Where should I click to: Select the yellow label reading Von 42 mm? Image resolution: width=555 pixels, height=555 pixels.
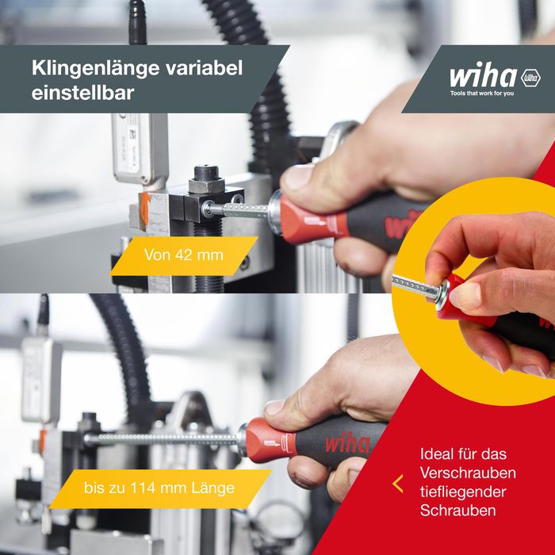[184, 256]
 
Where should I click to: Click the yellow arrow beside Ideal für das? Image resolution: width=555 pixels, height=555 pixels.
[398, 483]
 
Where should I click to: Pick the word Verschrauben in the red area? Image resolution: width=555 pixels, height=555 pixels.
[469, 473]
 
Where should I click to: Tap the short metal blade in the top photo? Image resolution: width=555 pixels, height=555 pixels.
[238, 210]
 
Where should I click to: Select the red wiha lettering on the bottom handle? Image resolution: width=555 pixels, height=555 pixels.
[346, 442]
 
